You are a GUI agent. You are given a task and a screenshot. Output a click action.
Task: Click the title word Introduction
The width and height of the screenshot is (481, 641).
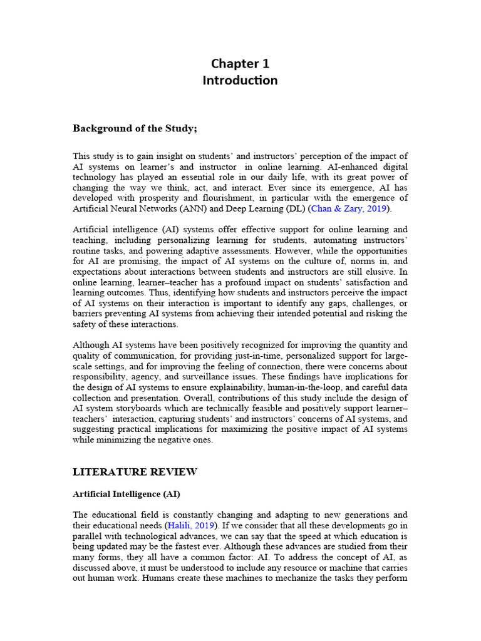[x=240, y=80]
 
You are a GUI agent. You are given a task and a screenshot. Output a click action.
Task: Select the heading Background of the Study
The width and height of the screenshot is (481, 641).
[x=135, y=128]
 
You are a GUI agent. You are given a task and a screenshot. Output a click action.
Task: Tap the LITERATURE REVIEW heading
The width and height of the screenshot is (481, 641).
[x=135, y=471]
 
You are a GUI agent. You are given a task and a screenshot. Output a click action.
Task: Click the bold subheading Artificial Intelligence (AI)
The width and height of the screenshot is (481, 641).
[x=127, y=494]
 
